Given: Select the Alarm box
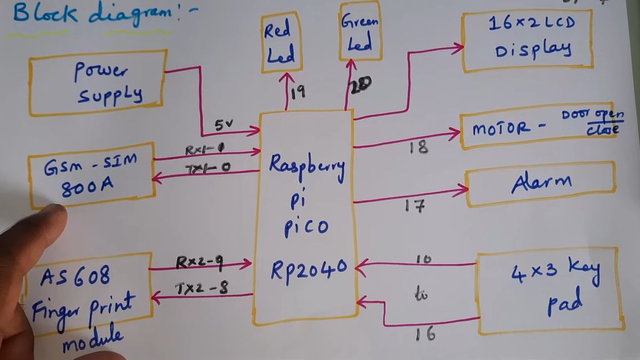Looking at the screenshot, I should point(541,184).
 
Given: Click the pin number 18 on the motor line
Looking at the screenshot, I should point(418,147).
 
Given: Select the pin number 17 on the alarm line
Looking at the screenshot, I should point(414,207).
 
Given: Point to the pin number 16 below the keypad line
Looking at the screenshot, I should point(424,333).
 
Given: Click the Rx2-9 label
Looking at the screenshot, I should point(199,262).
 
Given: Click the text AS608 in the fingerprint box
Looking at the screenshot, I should point(75,276).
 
